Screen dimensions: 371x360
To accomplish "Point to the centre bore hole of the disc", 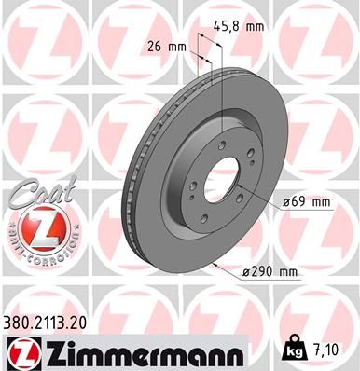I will coord(221,180).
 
